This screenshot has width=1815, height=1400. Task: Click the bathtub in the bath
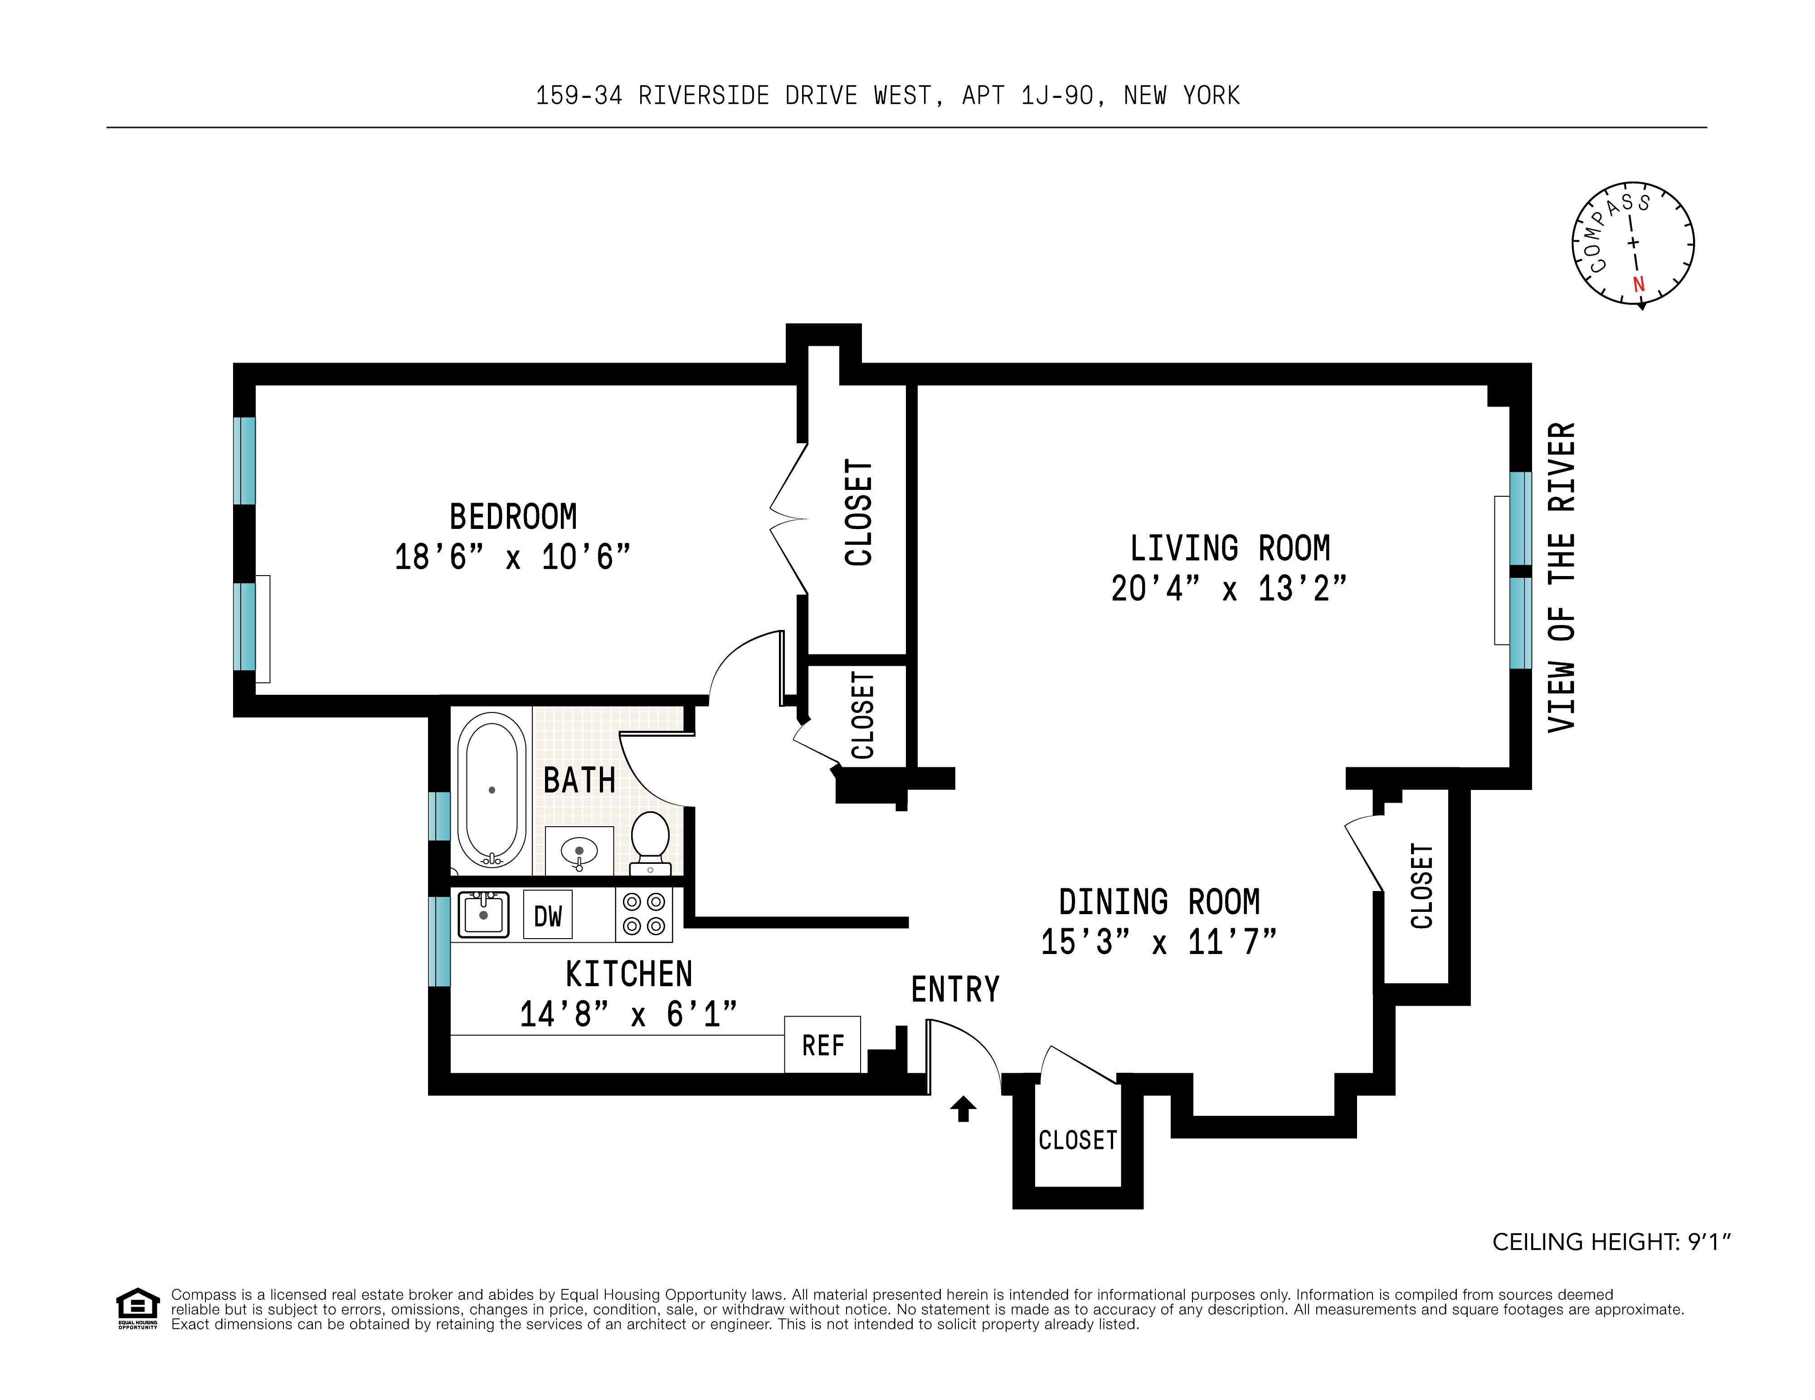coord(492,790)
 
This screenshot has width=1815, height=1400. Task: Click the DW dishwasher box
coord(548,916)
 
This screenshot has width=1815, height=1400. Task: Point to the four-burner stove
coord(644,914)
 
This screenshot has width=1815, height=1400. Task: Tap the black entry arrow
coord(963,1109)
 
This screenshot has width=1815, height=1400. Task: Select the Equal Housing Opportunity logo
coord(137,1308)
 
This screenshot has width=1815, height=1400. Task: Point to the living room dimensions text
coord(1229,588)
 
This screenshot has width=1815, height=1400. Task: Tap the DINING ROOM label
coord(1159,901)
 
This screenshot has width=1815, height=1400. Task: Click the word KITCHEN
coord(629,974)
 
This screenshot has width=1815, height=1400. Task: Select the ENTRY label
coord(956,989)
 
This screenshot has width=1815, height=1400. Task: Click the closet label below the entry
coord(1078,1140)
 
